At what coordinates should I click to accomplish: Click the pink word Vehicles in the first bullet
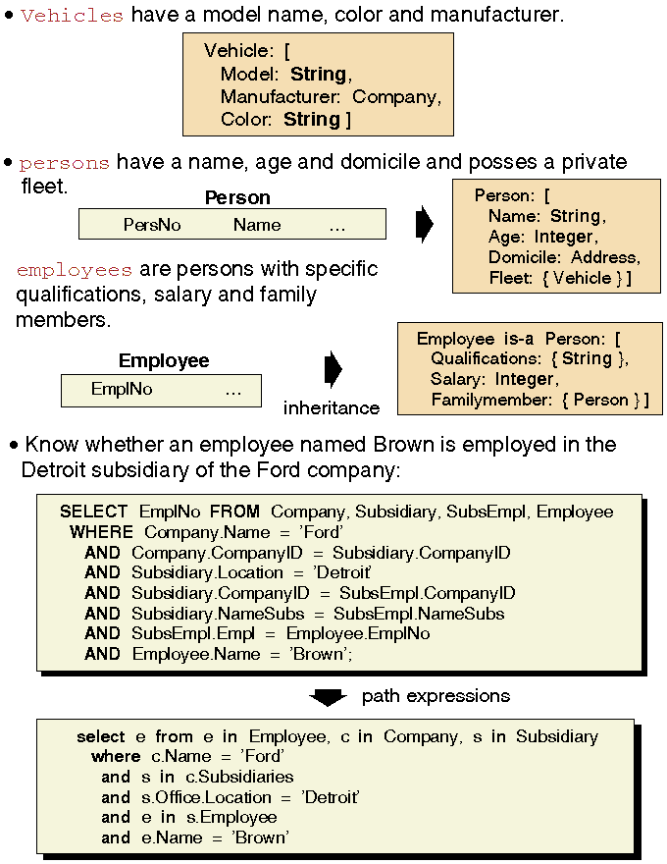(72, 16)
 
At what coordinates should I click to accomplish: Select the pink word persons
(64, 163)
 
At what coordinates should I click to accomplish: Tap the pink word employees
(75, 270)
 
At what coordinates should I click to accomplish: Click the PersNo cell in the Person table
(152, 225)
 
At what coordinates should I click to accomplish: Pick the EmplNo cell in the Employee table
(122, 390)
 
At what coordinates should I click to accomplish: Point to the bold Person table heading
(237, 198)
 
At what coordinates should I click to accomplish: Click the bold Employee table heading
(164, 361)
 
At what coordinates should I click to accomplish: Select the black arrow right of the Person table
(425, 224)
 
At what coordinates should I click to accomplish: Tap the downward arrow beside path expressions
(328, 697)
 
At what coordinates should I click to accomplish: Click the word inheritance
(331, 407)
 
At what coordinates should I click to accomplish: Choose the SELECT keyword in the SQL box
(93, 512)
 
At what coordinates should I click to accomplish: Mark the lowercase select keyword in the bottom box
(100, 736)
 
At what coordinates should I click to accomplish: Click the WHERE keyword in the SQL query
(101, 532)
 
